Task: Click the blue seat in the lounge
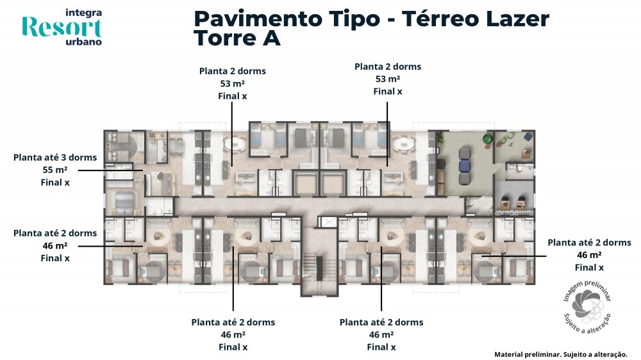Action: coord(465,166)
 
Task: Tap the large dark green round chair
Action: coord(487,138)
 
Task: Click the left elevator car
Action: coord(304,184)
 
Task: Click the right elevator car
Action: coord(334,184)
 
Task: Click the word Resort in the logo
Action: coord(62,28)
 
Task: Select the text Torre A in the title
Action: coord(237,38)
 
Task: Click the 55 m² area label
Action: coord(55,170)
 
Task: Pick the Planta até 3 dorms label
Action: coord(55,158)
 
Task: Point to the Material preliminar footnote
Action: coord(561,354)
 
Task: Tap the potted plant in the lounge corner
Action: coord(441,138)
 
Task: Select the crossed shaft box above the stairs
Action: coord(328,222)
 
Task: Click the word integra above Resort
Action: coord(84,13)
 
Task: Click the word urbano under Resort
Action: coord(84,42)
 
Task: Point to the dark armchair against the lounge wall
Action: coord(441,164)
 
